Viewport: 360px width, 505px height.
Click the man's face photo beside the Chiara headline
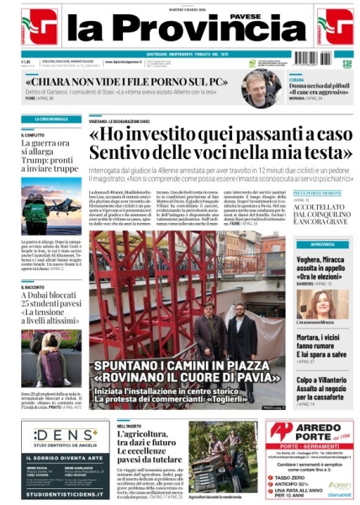point(262,87)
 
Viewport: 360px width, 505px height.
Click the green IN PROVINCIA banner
point(321,244)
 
